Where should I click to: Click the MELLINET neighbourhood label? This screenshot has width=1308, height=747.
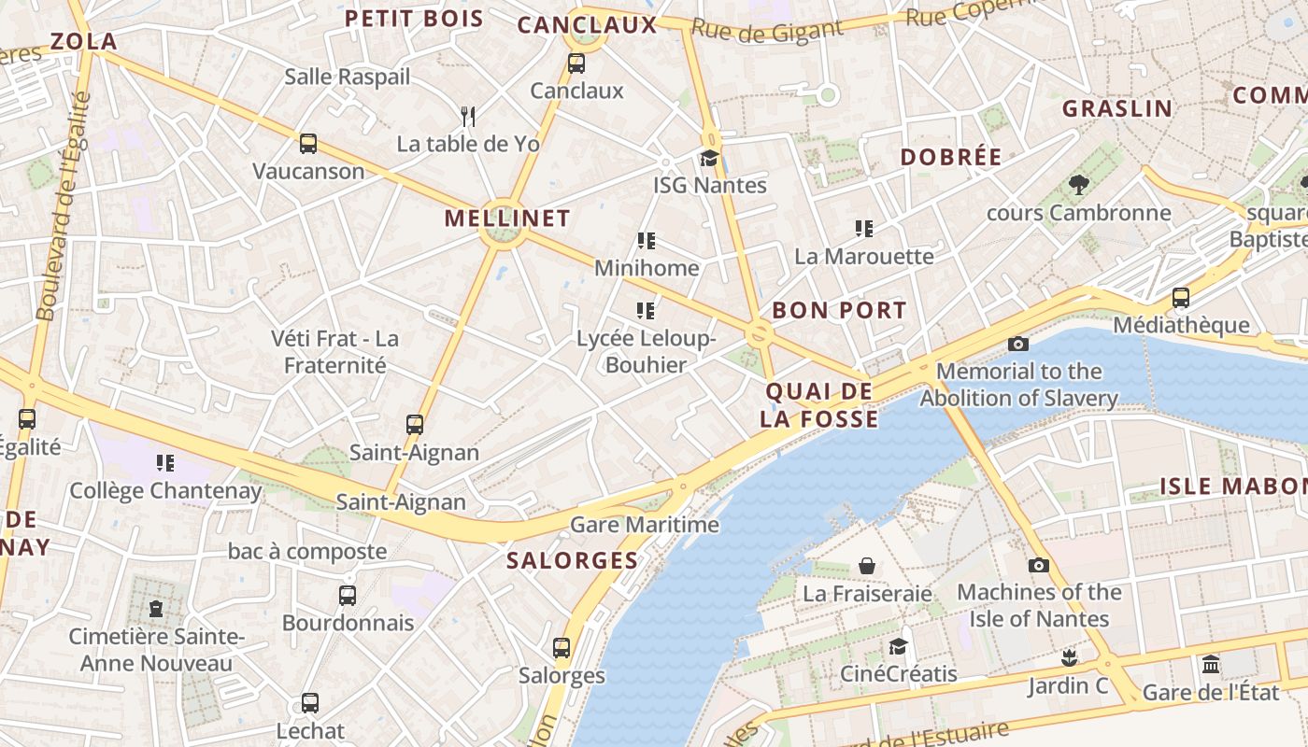pyautogui.click(x=506, y=218)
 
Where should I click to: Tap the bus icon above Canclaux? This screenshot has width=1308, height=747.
pyautogui.click(x=576, y=63)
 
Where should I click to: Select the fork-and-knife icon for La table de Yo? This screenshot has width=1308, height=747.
pyautogui.click(x=468, y=116)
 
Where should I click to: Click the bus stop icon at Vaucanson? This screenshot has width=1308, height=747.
pyautogui.click(x=308, y=144)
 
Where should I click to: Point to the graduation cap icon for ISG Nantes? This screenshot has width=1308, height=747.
pyautogui.click(x=710, y=158)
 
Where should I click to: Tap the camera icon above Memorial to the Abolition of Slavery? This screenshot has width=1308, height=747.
pyautogui.click(x=1018, y=344)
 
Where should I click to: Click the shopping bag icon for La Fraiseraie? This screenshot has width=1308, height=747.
pyautogui.click(x=867, y=566)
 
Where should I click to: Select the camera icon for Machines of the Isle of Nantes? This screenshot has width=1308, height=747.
pyautogui.click(x=1038, y=565)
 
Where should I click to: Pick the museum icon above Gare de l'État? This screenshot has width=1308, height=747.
pyautogui.click(x=1211, y=665)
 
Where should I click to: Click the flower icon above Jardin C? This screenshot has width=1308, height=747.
pyautogui.click(x=1069, y=658)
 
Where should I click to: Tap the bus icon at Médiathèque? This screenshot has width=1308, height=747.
pyautogui.click(x=1181, y=298)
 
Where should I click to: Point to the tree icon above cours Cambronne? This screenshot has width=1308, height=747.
pyautogui.click(x=1079, y=185)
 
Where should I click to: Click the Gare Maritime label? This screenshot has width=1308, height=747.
pyautogui.click(x=645, y=525)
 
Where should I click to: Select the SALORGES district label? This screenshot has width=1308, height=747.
pyautogui.click(x=572, y=561)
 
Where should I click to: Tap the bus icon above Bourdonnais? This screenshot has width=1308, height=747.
pyautogui.click(x=348, y=595)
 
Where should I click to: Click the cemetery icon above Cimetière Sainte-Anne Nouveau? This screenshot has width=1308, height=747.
pyautogui.click(x=156, y=609)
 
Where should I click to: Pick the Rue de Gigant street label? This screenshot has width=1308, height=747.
pyautogui.click(x=767, y=30)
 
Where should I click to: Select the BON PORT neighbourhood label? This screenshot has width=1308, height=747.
pyautogui.click(x=839, y=311)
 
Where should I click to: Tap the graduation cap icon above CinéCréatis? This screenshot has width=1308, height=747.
pyautogui.click(x=898, y=646)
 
